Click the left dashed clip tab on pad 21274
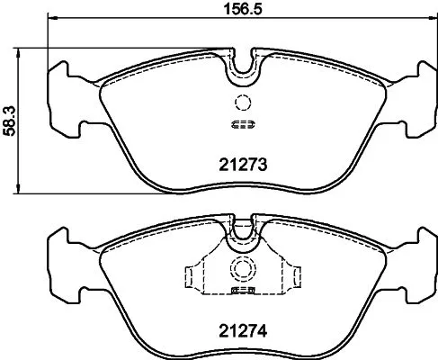[x=192, y=274]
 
